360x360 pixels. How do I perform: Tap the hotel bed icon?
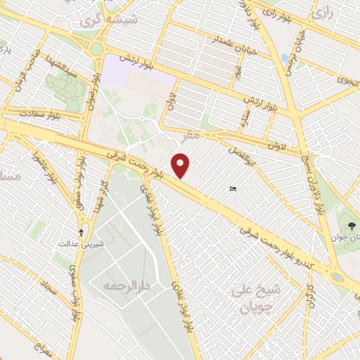[x=233, y=188]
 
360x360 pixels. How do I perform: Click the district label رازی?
[x=323, y=13]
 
